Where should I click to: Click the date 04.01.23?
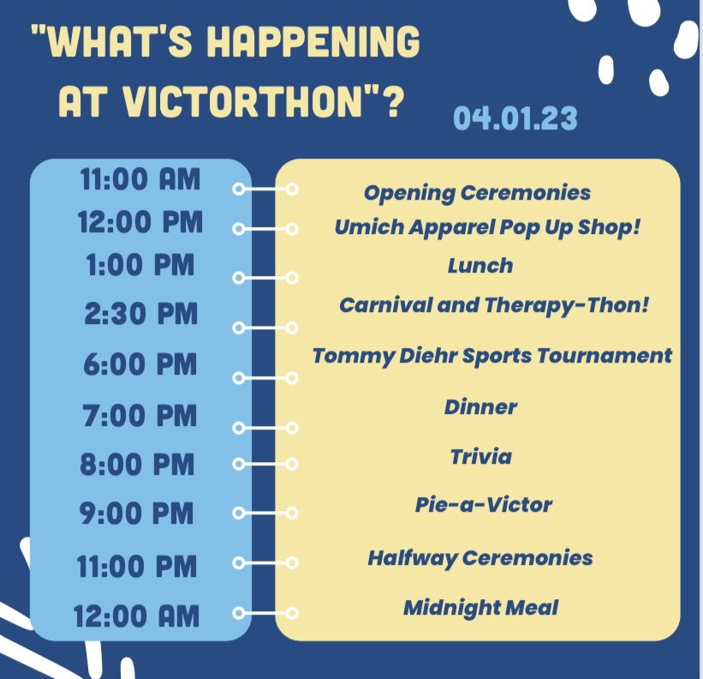[x=515, y=118]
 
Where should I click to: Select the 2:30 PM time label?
[x=140, y=314]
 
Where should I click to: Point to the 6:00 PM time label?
[x=140, y=364]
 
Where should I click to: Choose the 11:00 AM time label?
[x=140, y=180]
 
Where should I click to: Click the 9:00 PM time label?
[x=140, y=514]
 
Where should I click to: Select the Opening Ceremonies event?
[x=477, y=193]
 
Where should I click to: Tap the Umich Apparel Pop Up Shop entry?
[x=488, y=229]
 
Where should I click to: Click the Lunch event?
[x=480, y=266]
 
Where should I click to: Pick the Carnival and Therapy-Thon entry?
[x=494, y=304]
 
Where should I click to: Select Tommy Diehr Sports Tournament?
[x=492, y=355]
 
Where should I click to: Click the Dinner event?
[x=480, y=406]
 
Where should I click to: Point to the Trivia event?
[x=480, y=456]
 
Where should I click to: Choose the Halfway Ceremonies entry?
[x=480, y=558]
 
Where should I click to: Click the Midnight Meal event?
[x=480, y=609]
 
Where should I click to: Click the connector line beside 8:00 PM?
[x=265, y=464]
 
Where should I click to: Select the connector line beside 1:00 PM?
[x=265, y=278]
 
